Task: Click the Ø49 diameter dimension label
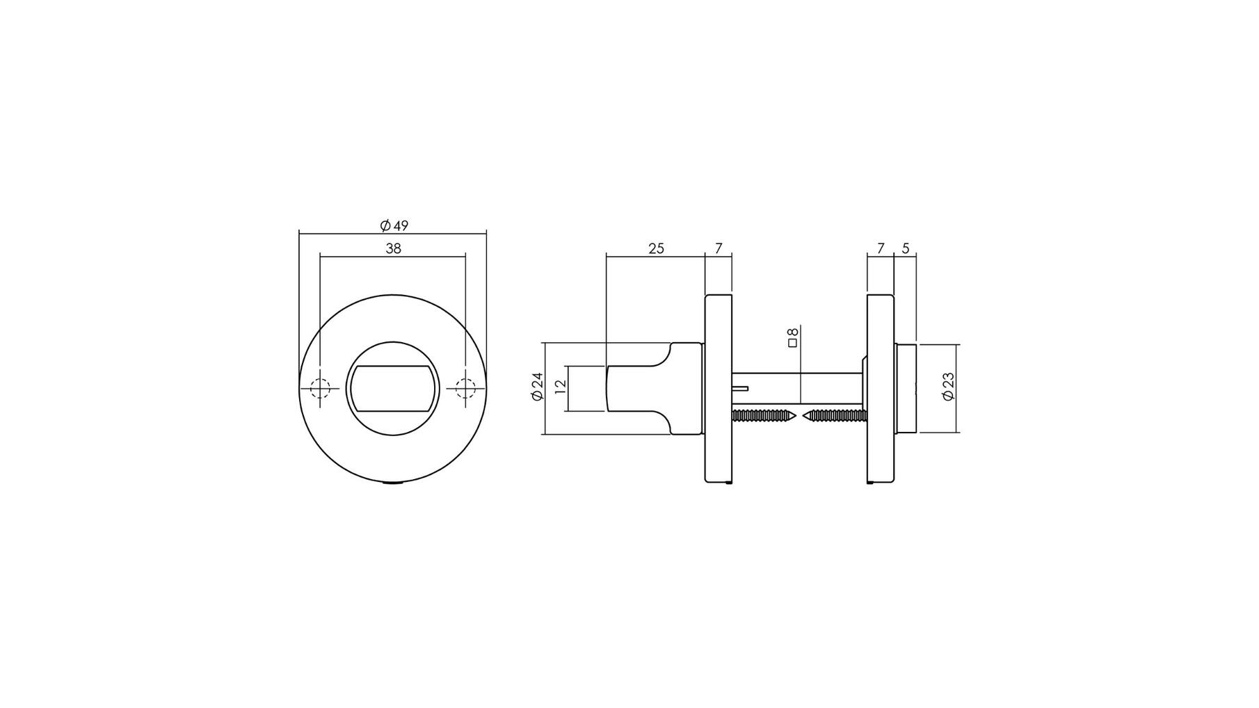(x=394, y=225)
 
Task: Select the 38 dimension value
(x=394, y=248)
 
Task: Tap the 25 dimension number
(x=656, y=248)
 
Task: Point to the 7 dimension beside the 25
(x=719, y=248)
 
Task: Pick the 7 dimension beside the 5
(x=881, y=248)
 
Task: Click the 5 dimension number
(x=905, y=248)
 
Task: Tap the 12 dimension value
(x=561, y=387)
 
